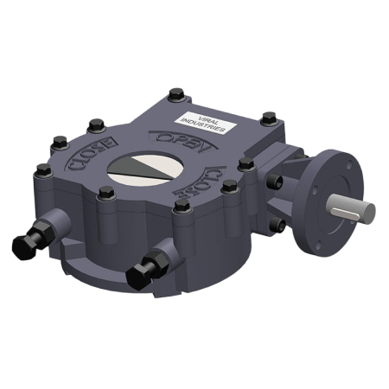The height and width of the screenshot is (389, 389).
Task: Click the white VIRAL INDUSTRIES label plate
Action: coord(202,121)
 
